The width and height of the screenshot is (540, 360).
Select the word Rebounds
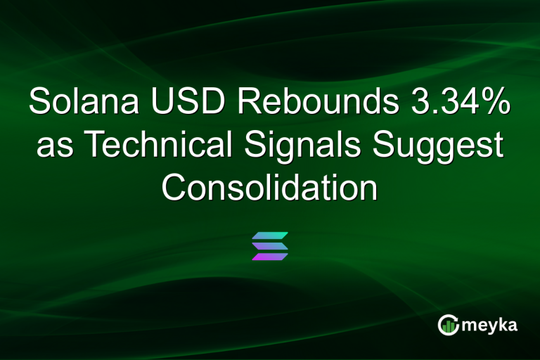pyautogui.click(x=317, y=103)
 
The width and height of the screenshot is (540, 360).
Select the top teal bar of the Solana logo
pyautogui.click(x=270, y=235)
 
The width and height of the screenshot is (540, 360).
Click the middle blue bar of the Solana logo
pyautogui.click(x=270, y=245)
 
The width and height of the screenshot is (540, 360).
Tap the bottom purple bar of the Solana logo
pyautogui.click(x=270, y=257)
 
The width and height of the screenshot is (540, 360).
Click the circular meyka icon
pyautogui.click(x=449, y=325)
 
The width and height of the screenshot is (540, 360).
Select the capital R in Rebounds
pyautogui.click(x=250, y=103)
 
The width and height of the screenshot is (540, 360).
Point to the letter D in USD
pyautogui.click(x=217, y=103)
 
